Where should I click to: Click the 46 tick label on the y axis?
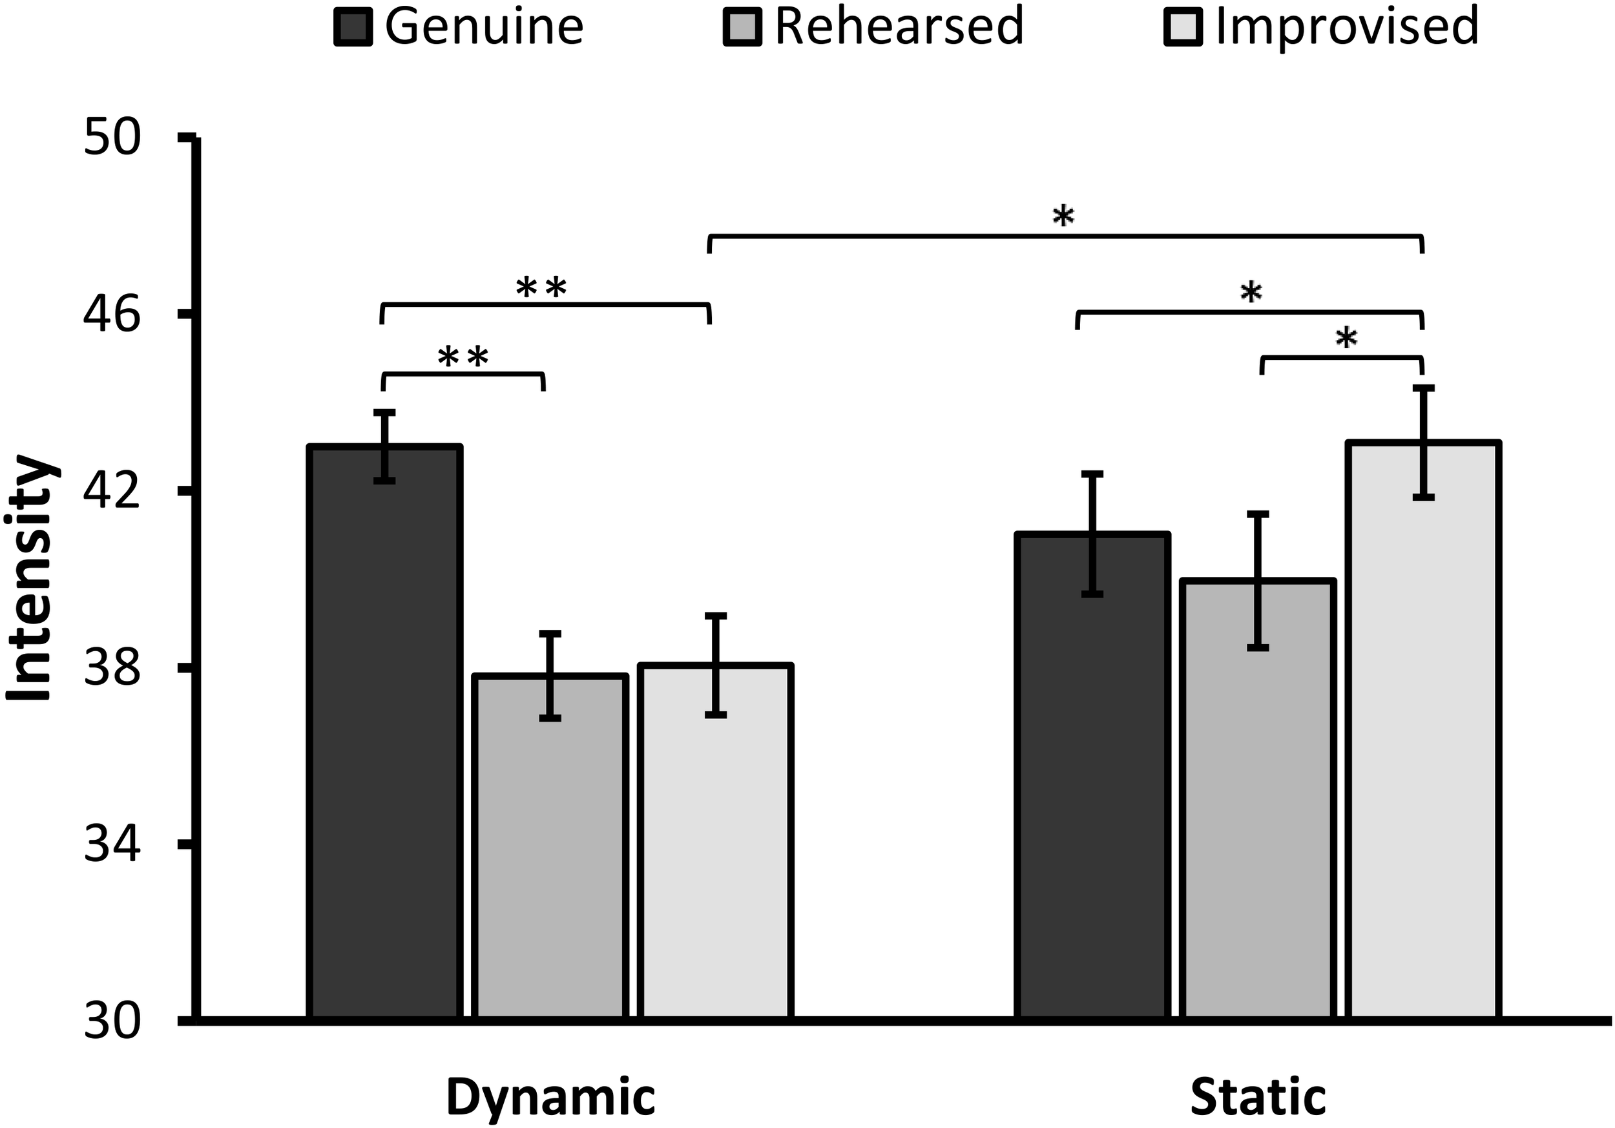pos(112,315)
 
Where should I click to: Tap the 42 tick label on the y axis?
pos(112,492)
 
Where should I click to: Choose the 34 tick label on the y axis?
pos(112,844)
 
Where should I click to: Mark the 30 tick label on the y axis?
pos(112,1021)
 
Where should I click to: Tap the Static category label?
pos(1258,1097)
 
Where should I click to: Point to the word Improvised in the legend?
pos(1347,26)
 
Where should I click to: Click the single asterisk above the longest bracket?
pos(1063,216)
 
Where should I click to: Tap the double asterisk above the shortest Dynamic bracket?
pos(463,358)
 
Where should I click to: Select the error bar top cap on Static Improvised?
pos(1423,388)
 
